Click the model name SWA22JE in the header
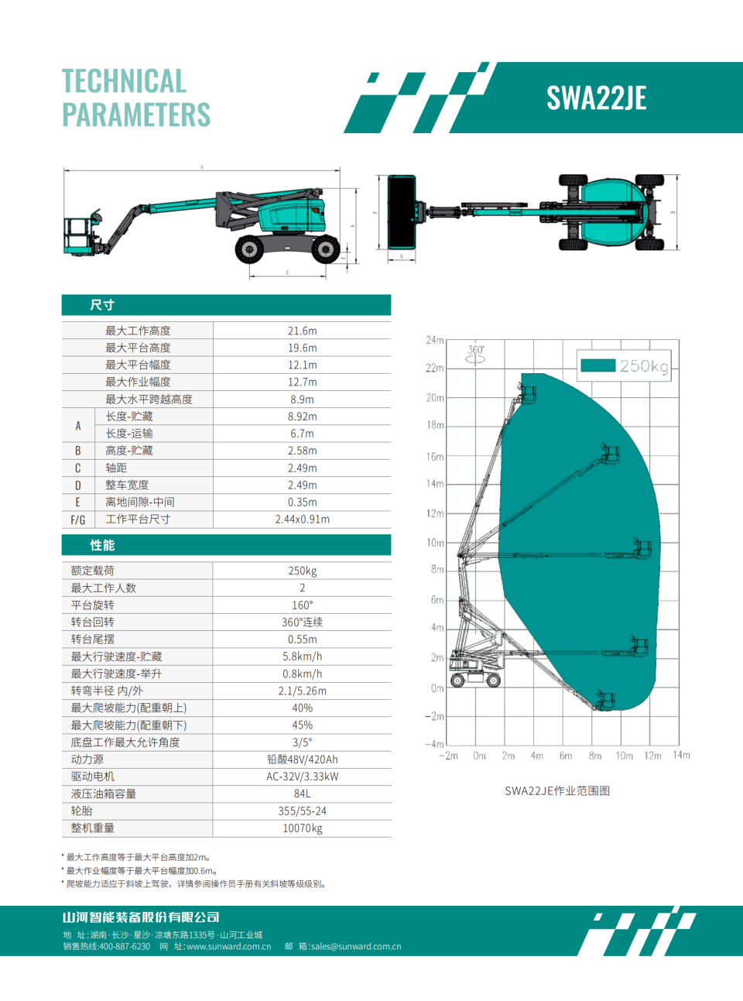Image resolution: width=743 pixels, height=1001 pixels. tap(596, 98)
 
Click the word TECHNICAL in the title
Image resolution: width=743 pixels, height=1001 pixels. tap(124, 81)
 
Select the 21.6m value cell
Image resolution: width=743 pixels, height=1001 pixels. tap(302, 331)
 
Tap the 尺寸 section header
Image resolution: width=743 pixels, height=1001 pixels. tap(102, 305)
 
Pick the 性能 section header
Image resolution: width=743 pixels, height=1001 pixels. tap(102, 545)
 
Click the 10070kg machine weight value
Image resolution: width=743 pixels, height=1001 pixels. tap(302, 828)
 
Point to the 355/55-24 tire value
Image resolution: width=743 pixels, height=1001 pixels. tap(302, 811)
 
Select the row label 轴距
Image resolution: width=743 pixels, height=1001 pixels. tap(116, 468)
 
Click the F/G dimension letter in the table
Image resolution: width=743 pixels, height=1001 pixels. tap(77, 519)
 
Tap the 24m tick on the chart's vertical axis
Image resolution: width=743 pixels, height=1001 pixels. tap(434, 340)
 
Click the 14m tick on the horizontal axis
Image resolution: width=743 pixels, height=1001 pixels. tap(681, 756)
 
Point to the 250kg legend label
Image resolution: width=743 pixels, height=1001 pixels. tap(643, 366)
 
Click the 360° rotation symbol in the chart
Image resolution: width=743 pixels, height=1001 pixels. tap(475, 354)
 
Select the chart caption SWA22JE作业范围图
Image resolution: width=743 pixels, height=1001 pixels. tap(557, 790)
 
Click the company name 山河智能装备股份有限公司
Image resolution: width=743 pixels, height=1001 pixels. tap(141, 917)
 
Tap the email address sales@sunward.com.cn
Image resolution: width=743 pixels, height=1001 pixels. tap(356, 946)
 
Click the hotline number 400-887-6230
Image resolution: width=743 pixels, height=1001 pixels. tap(125, 946)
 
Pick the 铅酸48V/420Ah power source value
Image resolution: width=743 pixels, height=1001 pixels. tap(302, 759)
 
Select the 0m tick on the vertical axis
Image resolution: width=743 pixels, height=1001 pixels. tap(437, 688)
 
